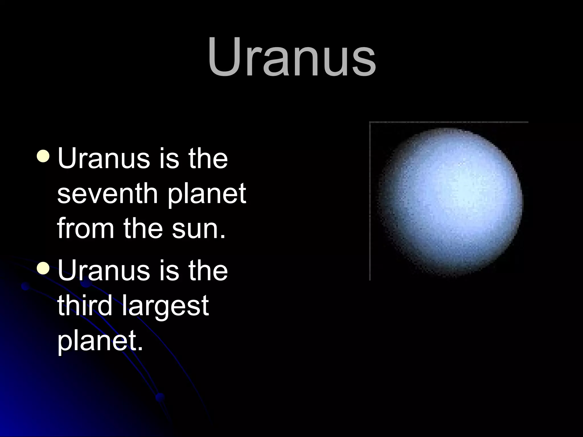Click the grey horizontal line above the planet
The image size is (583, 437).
[x=448, y=122]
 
